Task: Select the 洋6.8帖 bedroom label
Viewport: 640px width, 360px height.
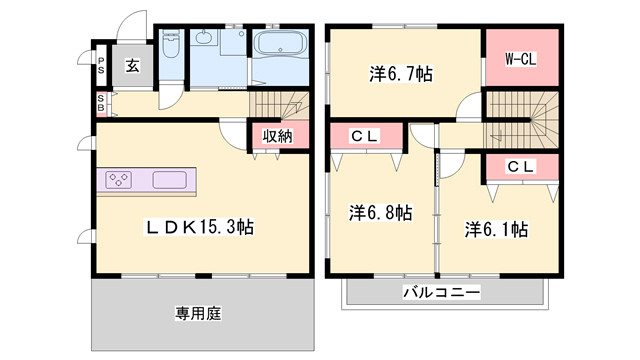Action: [381, 212]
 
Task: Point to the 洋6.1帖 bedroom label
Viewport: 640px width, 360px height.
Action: [496, 230]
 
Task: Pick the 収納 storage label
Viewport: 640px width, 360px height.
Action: [277, 136]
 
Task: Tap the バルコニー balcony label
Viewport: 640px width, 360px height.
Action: [441, 293]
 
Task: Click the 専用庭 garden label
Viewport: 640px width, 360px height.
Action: [198, 313]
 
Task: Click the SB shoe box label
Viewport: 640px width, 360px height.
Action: [101, 102]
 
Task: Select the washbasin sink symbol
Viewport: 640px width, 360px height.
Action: [206, 39]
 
